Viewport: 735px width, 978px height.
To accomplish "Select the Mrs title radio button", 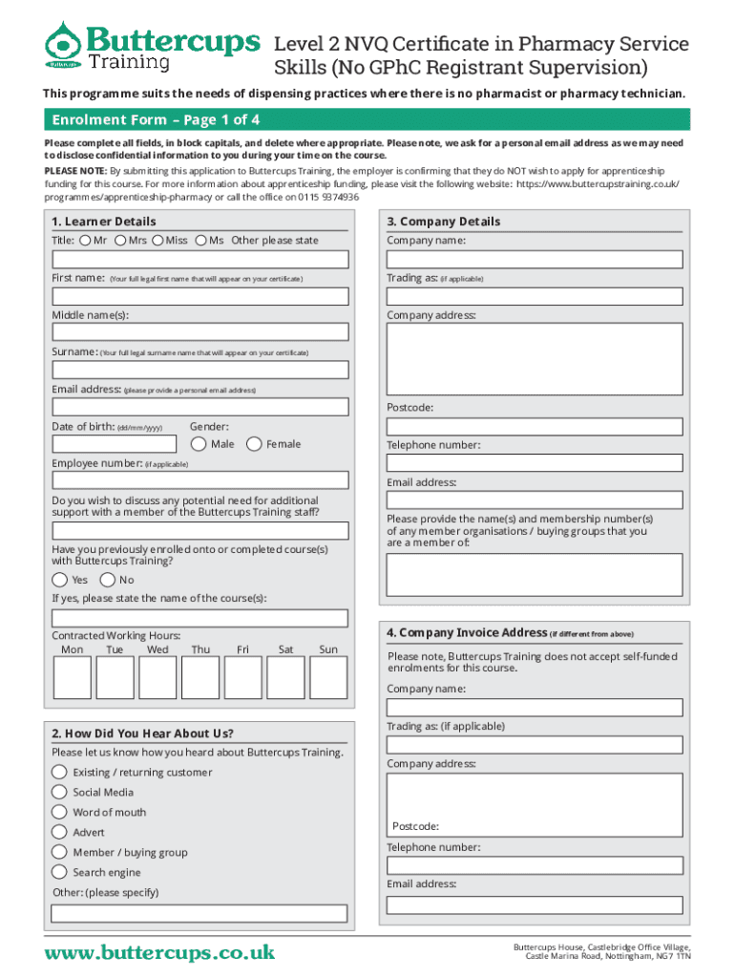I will [120, 240].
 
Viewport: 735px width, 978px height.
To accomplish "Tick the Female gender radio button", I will [254, 444].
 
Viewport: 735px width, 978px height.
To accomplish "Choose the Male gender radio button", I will [199, 444].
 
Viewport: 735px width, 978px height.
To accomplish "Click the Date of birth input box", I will [114, 444].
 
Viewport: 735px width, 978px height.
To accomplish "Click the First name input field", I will [199, 296].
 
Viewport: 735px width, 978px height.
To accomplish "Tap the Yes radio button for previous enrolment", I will [60, 580].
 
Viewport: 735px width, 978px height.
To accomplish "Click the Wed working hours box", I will [157, 677].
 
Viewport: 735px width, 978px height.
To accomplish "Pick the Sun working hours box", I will [328, 677].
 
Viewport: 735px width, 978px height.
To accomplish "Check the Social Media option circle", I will [60, 792].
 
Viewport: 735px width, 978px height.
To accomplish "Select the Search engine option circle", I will [60, 872].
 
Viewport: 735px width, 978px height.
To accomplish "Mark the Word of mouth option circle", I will [60, 812].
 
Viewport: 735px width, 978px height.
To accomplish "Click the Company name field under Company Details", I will [535, 259].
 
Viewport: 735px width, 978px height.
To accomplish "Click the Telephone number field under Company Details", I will [535, 463].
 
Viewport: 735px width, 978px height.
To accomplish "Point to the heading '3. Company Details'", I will [443, 222].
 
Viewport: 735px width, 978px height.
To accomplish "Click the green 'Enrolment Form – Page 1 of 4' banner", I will [367, 119].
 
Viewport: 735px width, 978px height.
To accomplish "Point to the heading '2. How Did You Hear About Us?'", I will [142, 733].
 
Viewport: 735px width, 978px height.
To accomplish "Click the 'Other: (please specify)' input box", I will [199, 913].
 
